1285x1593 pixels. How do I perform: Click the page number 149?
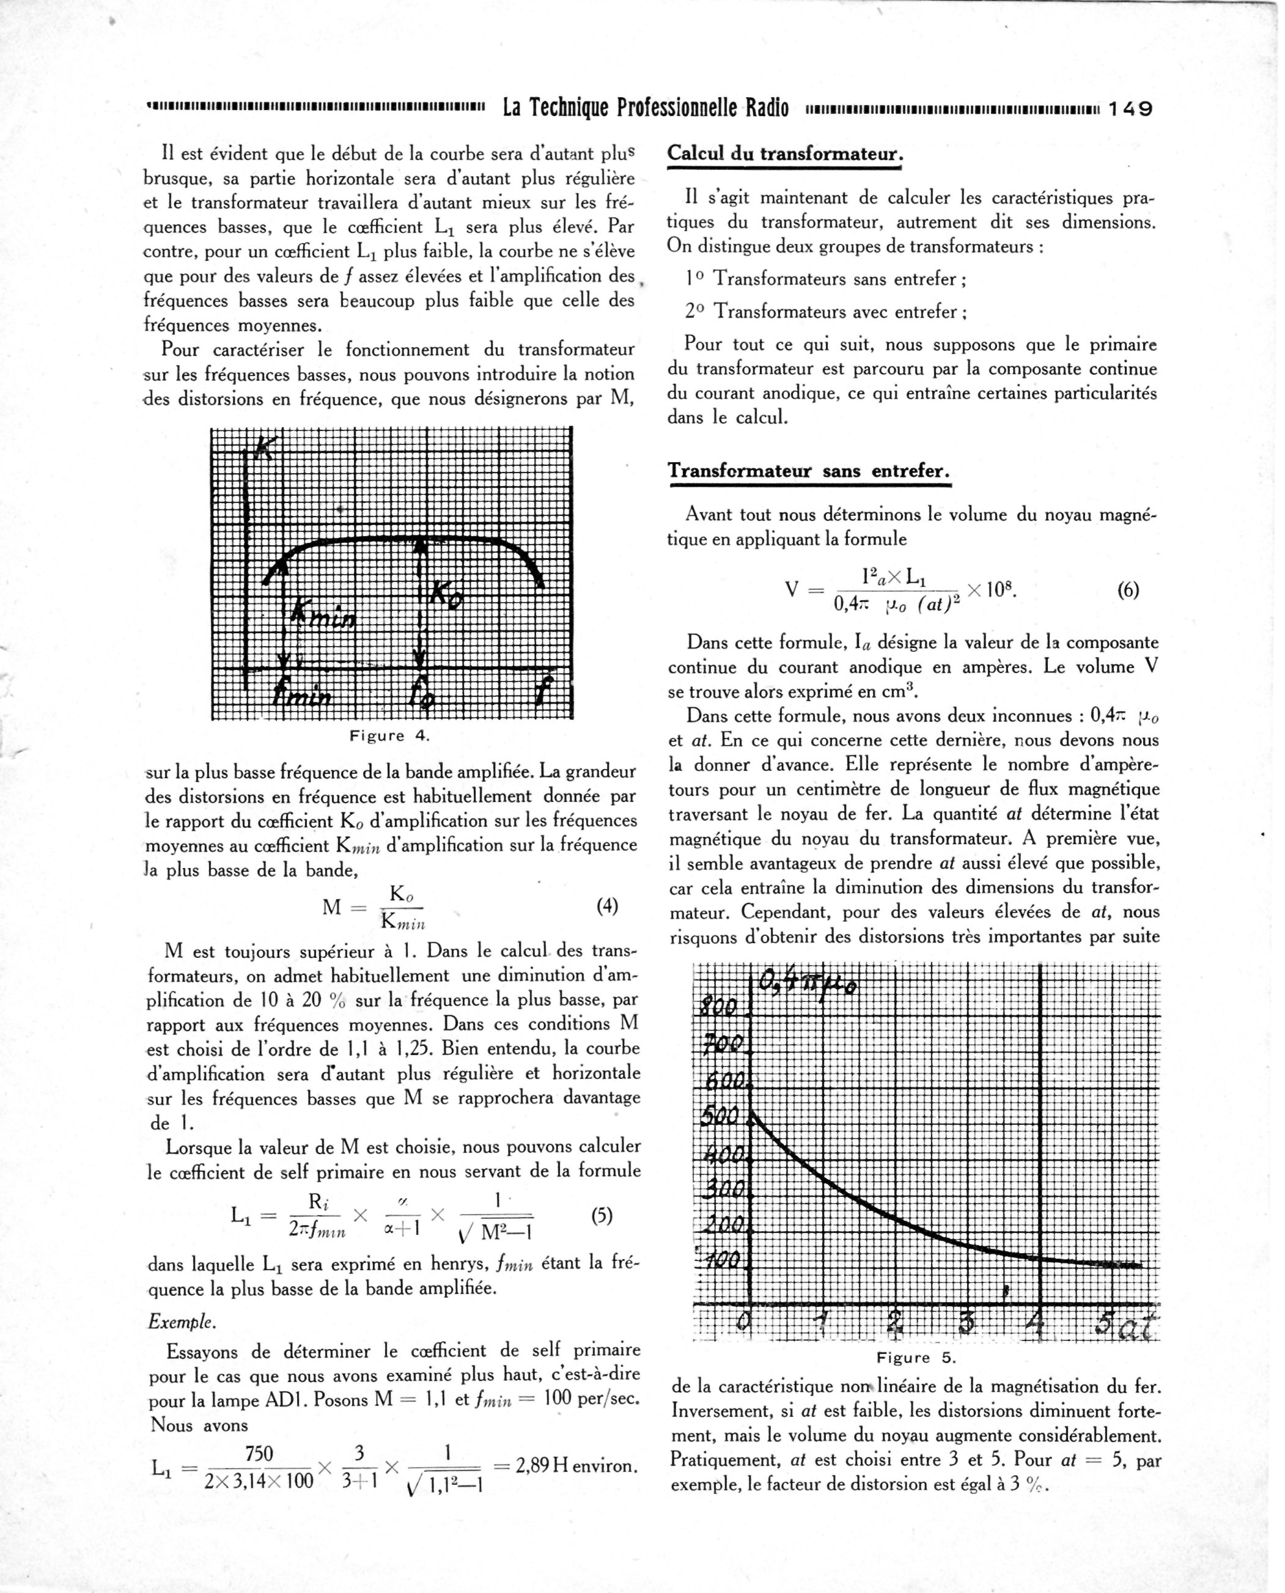pos(1130,109)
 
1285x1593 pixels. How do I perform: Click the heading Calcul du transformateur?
pos(784,154)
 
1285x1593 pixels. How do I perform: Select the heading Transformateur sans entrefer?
pos(808,471)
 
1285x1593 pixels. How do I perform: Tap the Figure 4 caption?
pos(389,736)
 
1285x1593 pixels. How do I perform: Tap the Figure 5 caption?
pos(916,1358)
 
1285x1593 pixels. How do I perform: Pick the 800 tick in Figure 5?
pos(719,1007)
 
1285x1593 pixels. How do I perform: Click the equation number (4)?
pos(607,906)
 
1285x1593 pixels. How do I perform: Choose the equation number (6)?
pos(1128,590)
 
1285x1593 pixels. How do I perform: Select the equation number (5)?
pos(603,1215)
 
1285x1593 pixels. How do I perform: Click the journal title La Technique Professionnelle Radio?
pos(646,109)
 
